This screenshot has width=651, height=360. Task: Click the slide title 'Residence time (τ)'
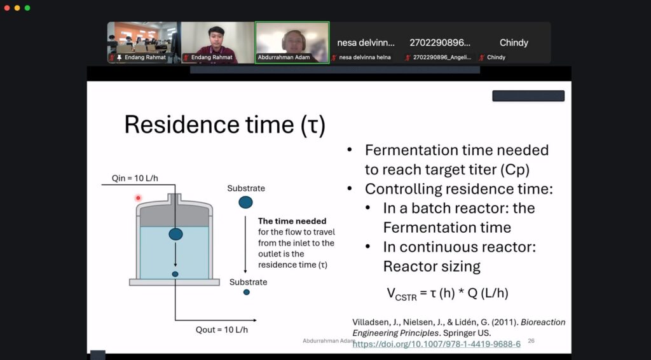point(224,124)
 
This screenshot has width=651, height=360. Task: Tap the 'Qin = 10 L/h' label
point(135,178)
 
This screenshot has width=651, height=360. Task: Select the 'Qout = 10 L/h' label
point(222,329)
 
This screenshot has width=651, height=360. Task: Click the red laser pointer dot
point(138,198)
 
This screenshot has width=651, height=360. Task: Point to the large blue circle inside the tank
point(175,234)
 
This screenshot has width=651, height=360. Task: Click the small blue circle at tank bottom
point(175,274)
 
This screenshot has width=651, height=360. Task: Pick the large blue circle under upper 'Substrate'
point(245,202)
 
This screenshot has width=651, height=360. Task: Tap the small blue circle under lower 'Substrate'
point(247,293)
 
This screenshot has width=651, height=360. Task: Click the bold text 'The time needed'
point(292,221)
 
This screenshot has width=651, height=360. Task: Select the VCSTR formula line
point(448,294)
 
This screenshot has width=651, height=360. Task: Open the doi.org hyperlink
point(436,344)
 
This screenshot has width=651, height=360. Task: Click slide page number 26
point(531,341)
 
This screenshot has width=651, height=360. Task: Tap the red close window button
point(7,8)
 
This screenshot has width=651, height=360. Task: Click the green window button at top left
point(27,8)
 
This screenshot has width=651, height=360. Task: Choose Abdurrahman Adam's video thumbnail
point(292,43)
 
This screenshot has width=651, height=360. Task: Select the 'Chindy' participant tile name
point(514,43)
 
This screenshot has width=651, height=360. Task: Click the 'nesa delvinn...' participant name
point(366,43)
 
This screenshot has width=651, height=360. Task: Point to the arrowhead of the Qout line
point(254,320)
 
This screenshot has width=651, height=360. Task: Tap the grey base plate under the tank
point(174,282)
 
